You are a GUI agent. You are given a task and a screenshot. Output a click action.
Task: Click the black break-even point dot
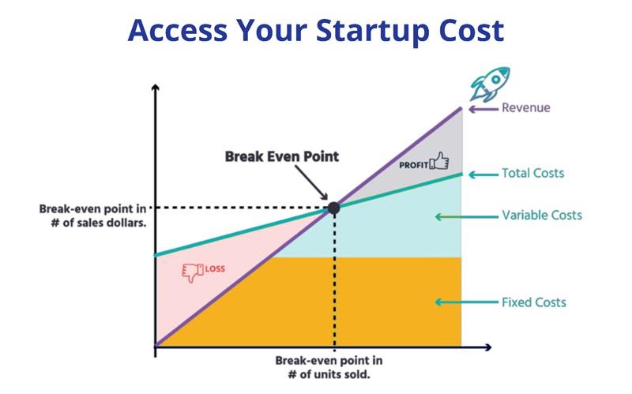tap(333, 208)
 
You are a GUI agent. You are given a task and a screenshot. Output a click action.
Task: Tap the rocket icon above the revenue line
tap(490, 84)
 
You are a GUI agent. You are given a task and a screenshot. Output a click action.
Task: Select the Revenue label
tap(525, 107)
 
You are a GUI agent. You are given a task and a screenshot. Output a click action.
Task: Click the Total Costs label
tap(532, 173)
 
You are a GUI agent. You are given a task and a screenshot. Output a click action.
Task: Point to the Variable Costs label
tap(542, 215)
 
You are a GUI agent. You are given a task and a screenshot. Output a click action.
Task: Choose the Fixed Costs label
tap(534, 302)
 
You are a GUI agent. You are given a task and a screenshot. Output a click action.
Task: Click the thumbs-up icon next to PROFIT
tap(439, 161)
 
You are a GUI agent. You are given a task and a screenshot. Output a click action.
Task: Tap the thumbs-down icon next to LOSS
tap(193, 272)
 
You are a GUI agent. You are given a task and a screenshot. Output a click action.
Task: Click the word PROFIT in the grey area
tap(413, 165)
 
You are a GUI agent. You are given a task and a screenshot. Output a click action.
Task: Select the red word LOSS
tap(215, 268)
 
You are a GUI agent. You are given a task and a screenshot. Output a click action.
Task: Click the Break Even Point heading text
tap(282, 156)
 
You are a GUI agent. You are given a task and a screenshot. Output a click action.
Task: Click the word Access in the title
tap(178, 31)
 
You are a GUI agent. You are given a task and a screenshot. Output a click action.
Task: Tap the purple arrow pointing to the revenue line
tap(483, 109)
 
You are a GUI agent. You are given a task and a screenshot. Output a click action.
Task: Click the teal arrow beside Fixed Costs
tap(466, 302)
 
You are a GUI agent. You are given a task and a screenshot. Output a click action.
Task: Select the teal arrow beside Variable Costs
tap(466, 217)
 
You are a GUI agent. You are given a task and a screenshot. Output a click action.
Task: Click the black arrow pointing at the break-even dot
tap(311, 182)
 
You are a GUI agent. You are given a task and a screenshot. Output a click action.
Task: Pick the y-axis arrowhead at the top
tap(155, 88)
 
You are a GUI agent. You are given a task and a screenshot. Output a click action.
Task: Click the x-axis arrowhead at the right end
tap(488, 347)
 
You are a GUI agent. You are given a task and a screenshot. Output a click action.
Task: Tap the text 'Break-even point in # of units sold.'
tap(329, 367)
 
